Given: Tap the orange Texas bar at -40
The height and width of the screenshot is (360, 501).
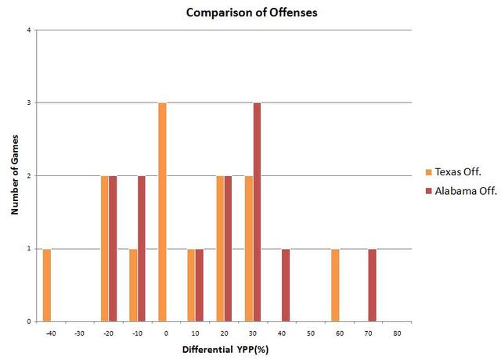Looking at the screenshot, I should [x=47, y=285].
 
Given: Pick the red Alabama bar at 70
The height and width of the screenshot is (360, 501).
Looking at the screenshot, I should [x=372, y=285].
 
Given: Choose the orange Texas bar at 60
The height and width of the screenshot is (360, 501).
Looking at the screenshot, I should [x=335, y=285].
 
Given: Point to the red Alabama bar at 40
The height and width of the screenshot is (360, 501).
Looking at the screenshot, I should [x=286, y=285].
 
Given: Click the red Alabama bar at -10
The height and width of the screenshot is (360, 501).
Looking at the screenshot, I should [x=142, y=248].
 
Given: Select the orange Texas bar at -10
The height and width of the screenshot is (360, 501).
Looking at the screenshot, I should [x=133, y=285].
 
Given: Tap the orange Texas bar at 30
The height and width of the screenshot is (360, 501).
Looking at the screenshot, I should [x=249, y=248].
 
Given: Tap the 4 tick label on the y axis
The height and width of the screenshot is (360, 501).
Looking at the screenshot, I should [x=29, y=31].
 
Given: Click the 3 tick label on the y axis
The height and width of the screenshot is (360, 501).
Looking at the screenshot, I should [x=29, y=103].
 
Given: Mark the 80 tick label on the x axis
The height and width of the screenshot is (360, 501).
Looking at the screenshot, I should [x=397, y=333].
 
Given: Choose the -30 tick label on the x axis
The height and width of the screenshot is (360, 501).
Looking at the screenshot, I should [x=80, y=333].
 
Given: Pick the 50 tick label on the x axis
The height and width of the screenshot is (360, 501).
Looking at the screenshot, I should [x=311, y=333].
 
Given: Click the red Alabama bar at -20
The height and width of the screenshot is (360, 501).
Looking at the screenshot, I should [x=113, y=248].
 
